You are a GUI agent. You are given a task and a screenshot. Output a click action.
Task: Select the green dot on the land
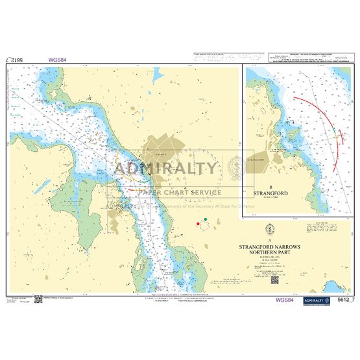point(206,219)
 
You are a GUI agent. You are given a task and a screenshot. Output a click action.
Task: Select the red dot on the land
point(197,225)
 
